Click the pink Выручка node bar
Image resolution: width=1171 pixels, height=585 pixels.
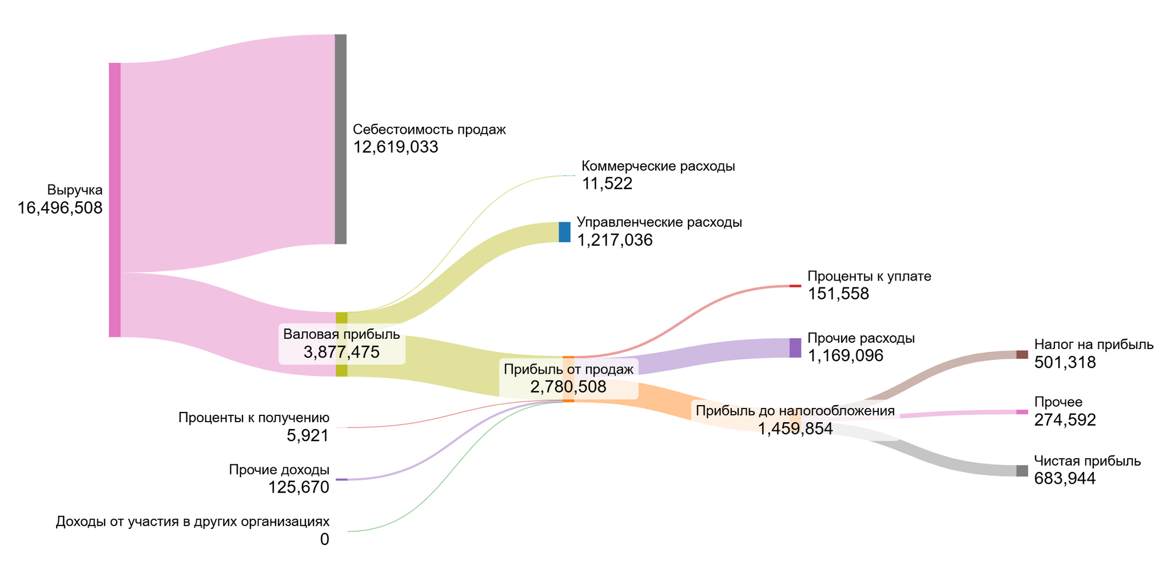(x=114, y=200)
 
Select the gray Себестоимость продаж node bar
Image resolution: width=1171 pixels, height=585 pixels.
(x=340, y=139)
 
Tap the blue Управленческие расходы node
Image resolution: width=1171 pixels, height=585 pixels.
(x=564, y=232)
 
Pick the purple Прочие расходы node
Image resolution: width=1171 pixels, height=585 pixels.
(x=795, y=348)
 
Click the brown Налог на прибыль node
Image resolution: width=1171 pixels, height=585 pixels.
(x=1022, y=355)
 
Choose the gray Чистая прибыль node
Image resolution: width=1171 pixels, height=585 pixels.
(x=1022, y=471)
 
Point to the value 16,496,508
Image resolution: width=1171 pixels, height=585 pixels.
(x=60, y=208)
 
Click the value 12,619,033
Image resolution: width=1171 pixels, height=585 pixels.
(x=396, y=147)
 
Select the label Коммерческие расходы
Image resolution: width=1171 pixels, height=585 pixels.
(x=658, y=166)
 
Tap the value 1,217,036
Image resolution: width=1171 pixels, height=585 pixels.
(x=615, y=240)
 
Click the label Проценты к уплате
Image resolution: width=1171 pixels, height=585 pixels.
(x=869, y=277)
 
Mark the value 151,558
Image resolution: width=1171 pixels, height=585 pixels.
(x=838, y=294)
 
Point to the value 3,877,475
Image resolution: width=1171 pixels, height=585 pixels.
(x=341, y=352)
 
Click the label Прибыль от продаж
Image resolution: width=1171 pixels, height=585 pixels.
(x=568, y=370)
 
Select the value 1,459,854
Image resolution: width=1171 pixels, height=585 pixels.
(x=795, y=428)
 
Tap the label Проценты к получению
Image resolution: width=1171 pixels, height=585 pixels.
(x=254, y=418)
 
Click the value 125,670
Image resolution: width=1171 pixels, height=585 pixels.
(x=298, y=487)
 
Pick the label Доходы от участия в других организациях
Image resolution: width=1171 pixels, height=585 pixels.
(x=193, y=522)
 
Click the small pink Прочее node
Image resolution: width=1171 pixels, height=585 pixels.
(x=1022, y=412)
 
